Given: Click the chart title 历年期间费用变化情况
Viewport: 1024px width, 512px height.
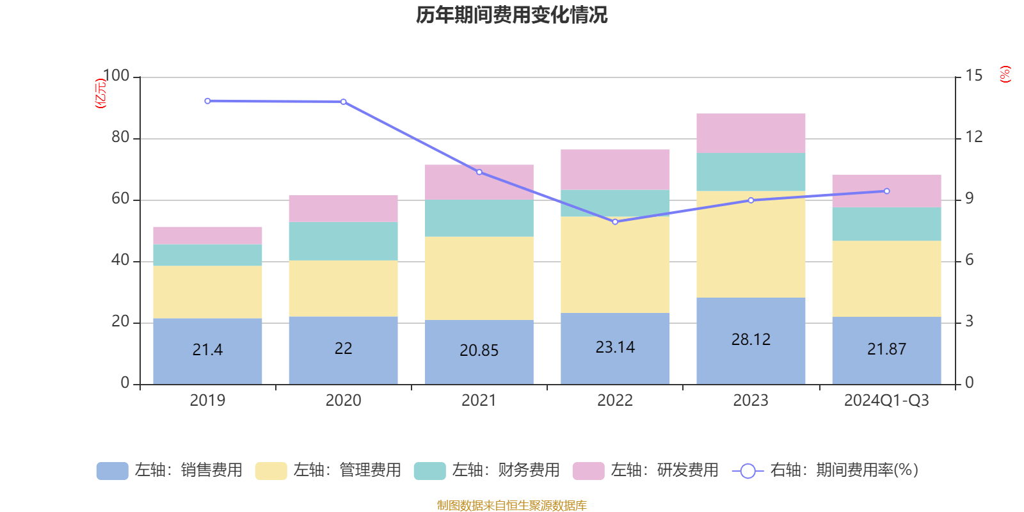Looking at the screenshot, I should click(x=511, y=15).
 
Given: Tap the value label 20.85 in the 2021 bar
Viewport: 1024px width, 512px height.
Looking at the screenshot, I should click(x=479, y=350).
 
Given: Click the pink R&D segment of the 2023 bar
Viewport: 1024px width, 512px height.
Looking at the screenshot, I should click(x=751, y=133).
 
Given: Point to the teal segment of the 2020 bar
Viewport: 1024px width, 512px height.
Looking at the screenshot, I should click(x=343, y=241).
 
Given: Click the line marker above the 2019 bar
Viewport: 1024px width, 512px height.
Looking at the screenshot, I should click(x=207, y=101).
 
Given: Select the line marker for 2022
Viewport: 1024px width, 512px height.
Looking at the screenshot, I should click(x=615, y=222).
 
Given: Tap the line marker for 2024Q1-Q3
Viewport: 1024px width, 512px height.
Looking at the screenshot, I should click(x=886, y=191).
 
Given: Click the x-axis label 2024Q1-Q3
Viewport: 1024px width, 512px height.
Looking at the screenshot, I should click(x=886, y=401).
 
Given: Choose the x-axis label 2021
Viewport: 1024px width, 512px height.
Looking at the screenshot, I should click(x=479, y=401).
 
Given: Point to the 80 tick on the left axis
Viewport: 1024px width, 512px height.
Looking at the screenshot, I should click(x=120, y=137).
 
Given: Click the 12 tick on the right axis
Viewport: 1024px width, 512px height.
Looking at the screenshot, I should click(x=974, y=137).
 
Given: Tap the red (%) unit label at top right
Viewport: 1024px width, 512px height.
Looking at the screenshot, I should click(x=1005, y=74).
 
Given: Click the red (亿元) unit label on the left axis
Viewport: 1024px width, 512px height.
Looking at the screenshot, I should click(x=100, y=93).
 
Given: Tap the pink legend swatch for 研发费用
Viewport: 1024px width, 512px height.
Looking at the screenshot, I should click(x=588, y=471).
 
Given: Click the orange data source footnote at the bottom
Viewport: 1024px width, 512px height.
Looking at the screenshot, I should click(x=511, y=506).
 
